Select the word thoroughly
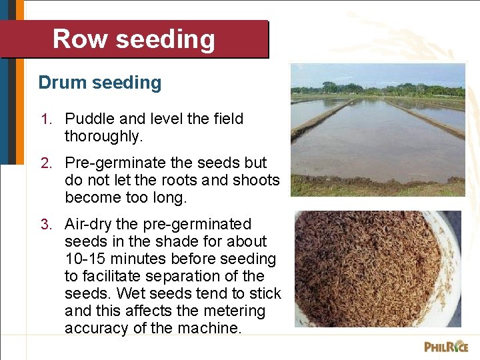tap(103, 137)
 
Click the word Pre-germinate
tap(109, 163)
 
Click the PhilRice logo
tap(446, 347)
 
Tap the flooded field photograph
tap(377, 130)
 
